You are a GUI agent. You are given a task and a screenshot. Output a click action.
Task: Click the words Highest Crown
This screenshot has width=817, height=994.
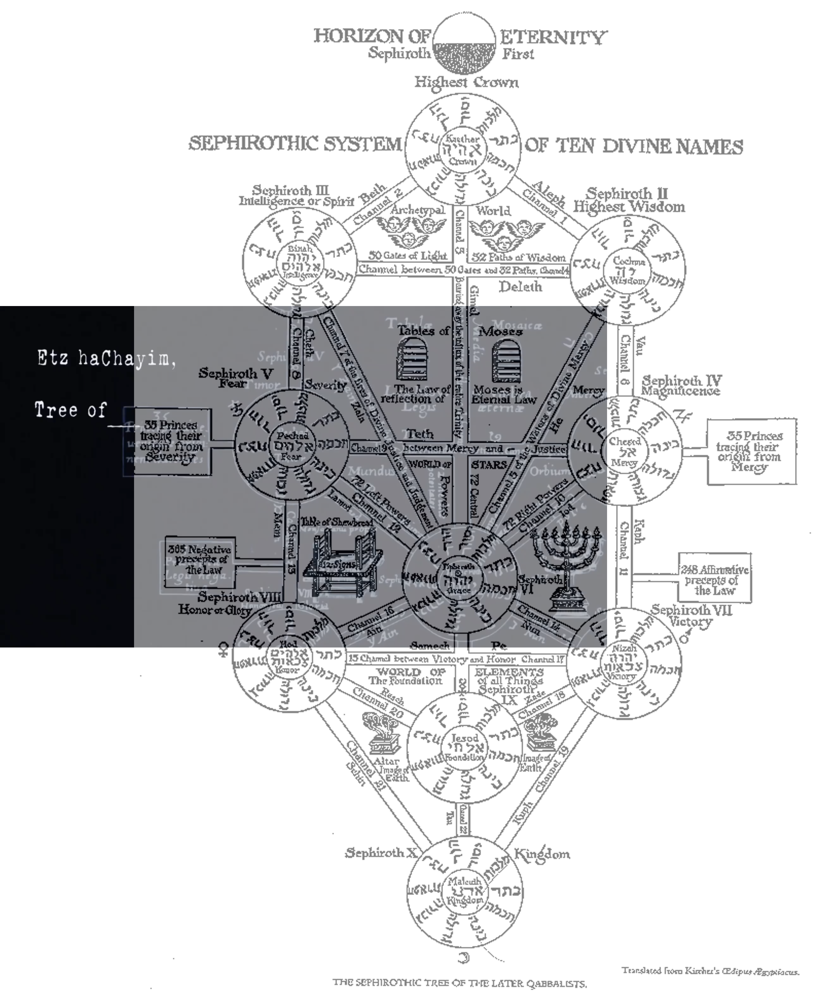pyautogui.click(x=466, y=83)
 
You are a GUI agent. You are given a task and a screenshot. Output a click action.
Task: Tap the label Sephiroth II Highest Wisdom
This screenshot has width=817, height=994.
pyautogui.click(x=628, y=200)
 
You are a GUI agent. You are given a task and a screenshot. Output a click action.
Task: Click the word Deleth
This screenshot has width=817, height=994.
pyautogui.click(x=520, y=287)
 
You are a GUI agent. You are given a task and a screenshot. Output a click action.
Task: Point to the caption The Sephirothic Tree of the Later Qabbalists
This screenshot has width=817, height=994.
pyautogui.click(x=460, y=982)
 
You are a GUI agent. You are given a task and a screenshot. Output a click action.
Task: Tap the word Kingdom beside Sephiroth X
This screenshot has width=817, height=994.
pyautogui.click(x=542, y=854)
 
